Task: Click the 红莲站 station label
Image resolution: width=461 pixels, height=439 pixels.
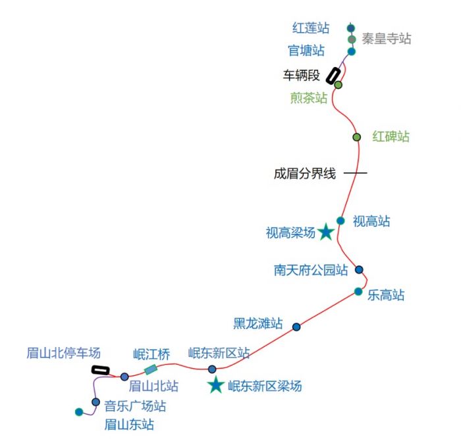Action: point(311,28)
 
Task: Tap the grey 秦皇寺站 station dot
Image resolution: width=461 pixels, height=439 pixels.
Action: point(352,39)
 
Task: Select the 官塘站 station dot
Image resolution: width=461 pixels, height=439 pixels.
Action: point(352,52)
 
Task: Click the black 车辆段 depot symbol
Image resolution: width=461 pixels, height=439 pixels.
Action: point(333,76)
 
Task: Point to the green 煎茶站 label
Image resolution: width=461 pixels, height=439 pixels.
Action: point(309,98)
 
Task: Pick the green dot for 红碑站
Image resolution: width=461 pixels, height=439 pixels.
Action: point(357,137)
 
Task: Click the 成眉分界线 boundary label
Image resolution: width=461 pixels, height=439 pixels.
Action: point(304,173)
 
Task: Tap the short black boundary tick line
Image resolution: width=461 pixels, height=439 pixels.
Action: point(356,173)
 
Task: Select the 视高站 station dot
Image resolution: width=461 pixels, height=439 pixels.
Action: point(340,221)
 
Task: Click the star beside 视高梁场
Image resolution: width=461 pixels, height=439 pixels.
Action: point(326,232)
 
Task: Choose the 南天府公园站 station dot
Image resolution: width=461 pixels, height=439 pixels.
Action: point(359,269)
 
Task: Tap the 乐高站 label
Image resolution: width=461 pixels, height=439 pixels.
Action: point(386,295)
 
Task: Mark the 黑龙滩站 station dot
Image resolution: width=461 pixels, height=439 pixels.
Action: point(296,327)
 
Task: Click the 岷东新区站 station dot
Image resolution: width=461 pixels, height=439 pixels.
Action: point(212,369)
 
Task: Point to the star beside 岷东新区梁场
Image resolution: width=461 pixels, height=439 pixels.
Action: point(216,384)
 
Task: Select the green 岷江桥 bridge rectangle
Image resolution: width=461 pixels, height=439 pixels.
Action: point(151,370)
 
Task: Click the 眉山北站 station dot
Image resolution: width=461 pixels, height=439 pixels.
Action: point(124,377)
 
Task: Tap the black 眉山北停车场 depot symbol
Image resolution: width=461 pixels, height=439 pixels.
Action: point(101,371)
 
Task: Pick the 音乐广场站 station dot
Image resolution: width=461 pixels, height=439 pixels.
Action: point(95,402)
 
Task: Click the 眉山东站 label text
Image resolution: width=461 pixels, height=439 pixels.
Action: point(129,425)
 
